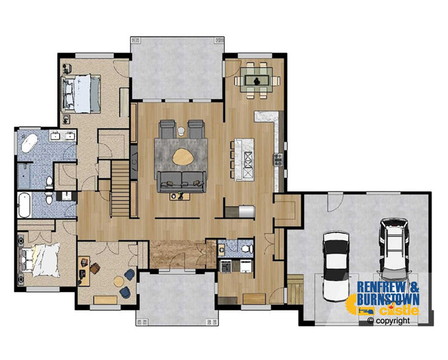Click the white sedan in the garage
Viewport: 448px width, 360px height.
click(x=336, y=266)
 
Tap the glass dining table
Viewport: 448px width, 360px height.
click(x=256, y=79)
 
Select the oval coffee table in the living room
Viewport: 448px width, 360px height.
click(x=183, y=157)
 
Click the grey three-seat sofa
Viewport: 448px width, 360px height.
click(x=181, y=182)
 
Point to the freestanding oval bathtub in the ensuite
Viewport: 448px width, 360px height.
click(x=29, y=143)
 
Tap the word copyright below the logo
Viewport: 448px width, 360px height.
click(x=393, y=321)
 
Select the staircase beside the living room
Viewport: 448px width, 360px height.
click(x=121, y=189)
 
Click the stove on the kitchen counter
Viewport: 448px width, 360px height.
click(x=278, y=159)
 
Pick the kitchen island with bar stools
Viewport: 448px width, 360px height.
click(x=244, y=159)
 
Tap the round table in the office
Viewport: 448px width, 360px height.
click(x=119, y=282)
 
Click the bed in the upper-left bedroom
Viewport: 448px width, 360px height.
click(x=81, y=94)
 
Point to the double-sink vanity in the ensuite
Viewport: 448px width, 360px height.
click(x=63, y=136)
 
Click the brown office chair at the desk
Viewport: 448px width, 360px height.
click(x=95, y=268)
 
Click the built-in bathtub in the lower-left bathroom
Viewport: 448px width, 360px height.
click(x=24, y=205)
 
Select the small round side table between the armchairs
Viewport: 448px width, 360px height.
click(x=182, y=131)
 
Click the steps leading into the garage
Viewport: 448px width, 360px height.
click(x=295, y=290)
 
